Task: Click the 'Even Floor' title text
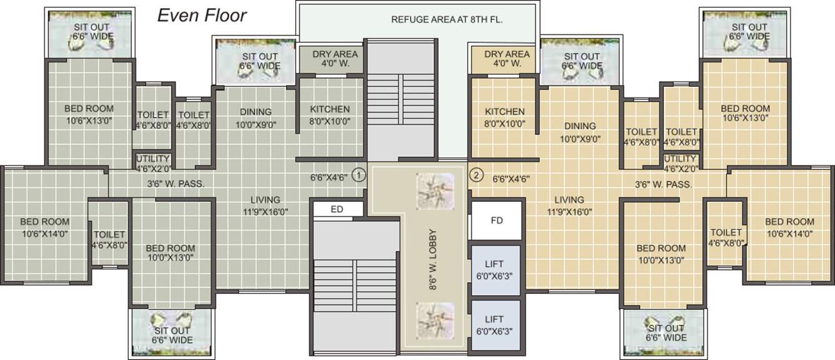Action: click(x=201, y=16)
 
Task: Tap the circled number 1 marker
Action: click(x=358, y=176)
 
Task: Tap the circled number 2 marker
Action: click(x=476, y=176)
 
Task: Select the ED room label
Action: click(x=337, y=209)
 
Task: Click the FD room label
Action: click(x=496, y=220)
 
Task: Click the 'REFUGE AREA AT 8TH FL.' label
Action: click(x=447, y=19)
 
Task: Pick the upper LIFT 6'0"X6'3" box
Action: click(x=495, y=269)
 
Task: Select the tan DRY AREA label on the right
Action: click(x=507, y=59)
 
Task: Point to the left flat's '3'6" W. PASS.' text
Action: click(x=176, y=184)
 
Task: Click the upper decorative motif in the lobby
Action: click(x=433, y=190)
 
